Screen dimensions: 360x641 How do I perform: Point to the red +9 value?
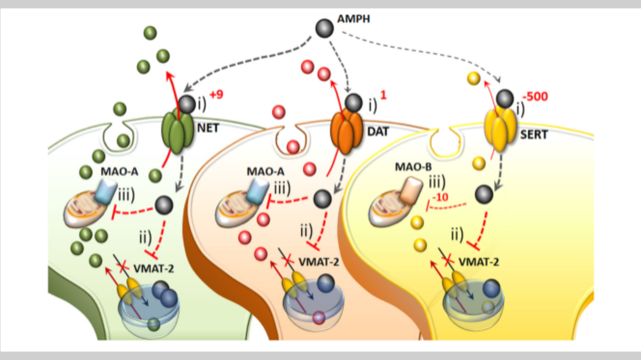[216, 95]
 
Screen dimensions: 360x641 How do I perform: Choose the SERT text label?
[534, 135]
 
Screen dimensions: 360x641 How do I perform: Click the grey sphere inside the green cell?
[165, 203]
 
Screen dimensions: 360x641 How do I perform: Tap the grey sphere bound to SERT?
[505, 99]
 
